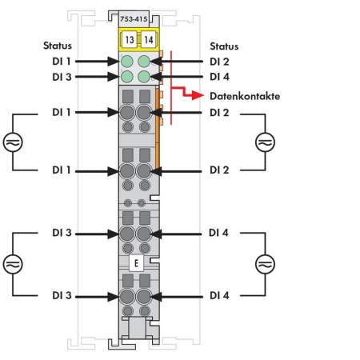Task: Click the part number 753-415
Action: pos(134,19)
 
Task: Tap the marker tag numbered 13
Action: pos(130,40)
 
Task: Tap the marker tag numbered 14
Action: pos(148,40)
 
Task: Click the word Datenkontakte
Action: pos(245,96)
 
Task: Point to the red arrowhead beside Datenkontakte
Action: pos(198,94)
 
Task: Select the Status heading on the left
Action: pos(58,46)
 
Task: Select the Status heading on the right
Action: pos(224,46)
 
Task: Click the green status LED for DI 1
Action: pos(127,62)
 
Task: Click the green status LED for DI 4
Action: pos(144,77)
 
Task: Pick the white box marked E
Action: pos(136,263)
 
